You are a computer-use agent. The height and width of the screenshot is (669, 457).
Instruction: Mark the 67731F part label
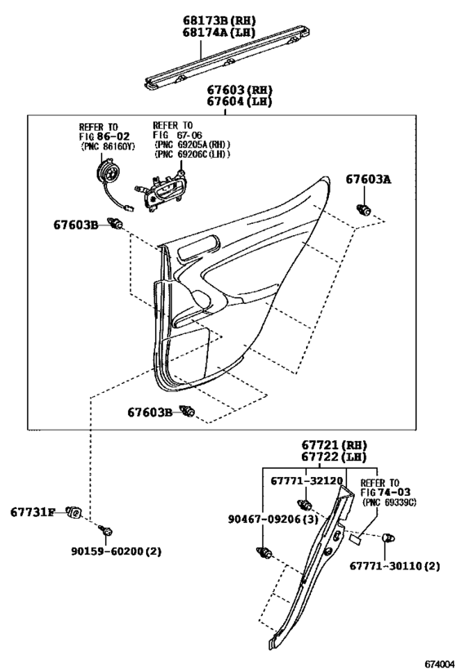tap(33, 512)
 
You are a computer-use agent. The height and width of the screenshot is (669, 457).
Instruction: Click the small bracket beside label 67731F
tap(75, 512)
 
